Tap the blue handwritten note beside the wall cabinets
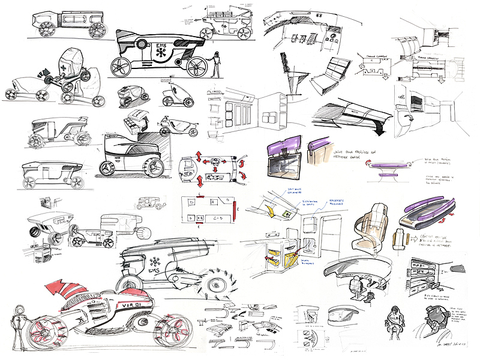(326, 203)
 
